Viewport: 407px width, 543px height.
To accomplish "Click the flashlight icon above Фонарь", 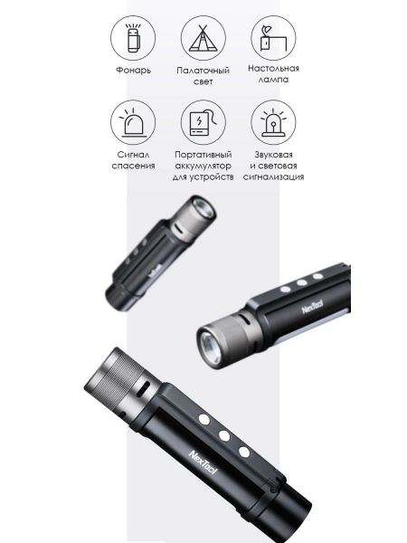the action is (x=133, y=38).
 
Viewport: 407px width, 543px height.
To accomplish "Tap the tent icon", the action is (x=203, y=38).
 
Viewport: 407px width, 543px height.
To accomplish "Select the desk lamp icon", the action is (x=273, y=38).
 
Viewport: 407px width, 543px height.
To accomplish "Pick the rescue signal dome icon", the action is (x=133, y=122).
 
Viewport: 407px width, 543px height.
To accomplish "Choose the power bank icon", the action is (x=203, y=122).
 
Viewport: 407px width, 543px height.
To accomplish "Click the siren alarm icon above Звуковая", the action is (x=273, y=122).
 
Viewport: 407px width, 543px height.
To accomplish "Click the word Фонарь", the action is (x=133, y=71).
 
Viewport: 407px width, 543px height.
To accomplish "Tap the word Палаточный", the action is (x=203, y=71).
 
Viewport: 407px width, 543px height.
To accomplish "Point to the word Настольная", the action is (x=273, y=68).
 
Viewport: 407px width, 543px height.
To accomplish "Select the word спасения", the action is (x=133, y=166).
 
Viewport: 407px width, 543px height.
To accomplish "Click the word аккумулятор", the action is (x=203, y=166).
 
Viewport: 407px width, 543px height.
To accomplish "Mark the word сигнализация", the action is (x=273, y=177).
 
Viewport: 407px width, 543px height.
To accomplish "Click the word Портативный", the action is (x=203, y=155).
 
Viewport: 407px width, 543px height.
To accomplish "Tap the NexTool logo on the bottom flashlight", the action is (x=203, y=462).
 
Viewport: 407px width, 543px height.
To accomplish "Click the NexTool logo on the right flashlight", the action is (x=313, y=307).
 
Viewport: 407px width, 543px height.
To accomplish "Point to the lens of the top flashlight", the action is (x=204, y=209).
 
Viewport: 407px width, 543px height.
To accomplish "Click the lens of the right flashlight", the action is (x=210, y=348).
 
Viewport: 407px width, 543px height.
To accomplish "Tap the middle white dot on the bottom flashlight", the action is (x=224, y=436).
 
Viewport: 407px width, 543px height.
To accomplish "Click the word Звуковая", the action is (x=273, y=155).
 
